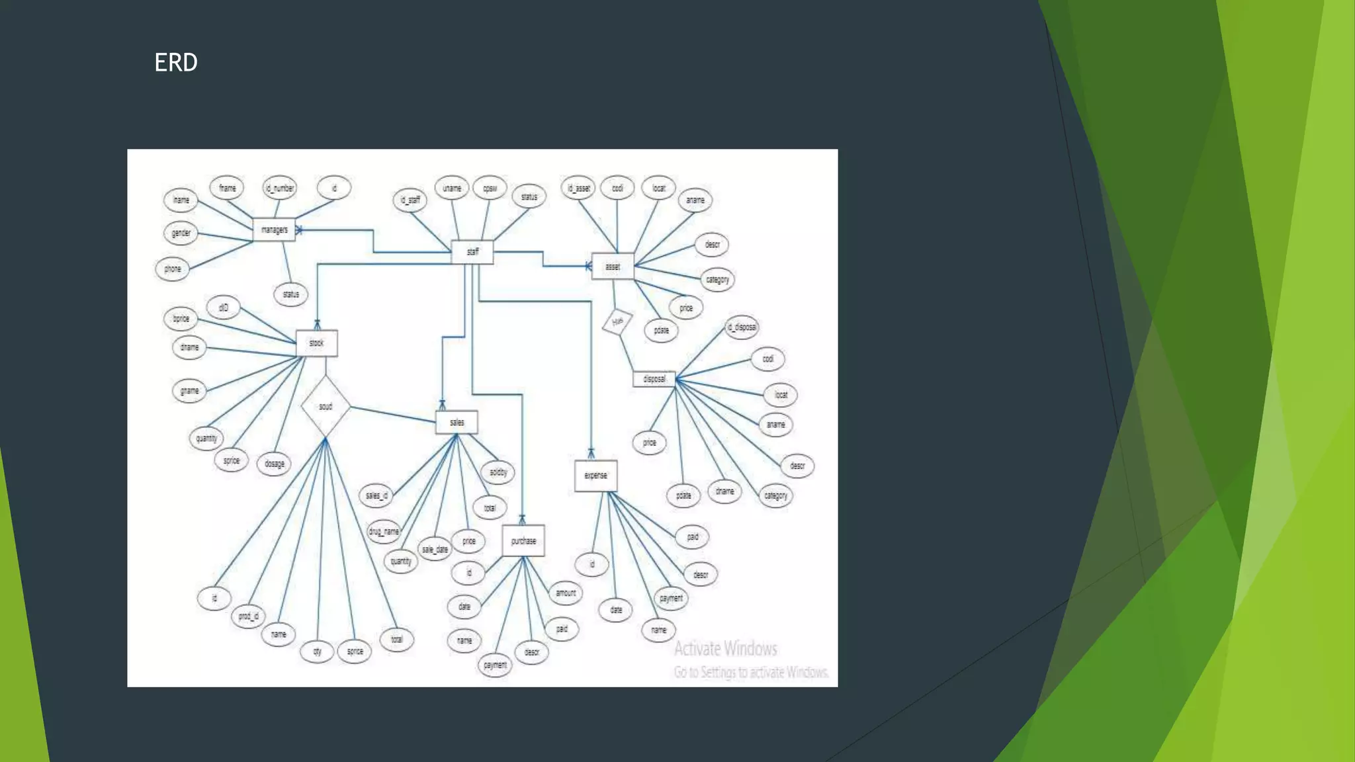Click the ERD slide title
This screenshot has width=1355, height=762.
click(x=176, y=62)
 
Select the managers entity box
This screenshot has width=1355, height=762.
click(x=274, y=230)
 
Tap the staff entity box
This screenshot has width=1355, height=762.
click(x=472, y=251)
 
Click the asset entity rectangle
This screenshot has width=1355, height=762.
click(x=613, y=267)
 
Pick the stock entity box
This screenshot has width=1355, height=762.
click(x=317, y=343)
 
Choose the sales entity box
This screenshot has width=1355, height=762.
click(x=457, y=422)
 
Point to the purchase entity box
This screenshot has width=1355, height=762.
click(x=523, y=540)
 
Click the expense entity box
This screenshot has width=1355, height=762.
click(x=595, y=475)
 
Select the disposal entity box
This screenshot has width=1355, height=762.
click(x=654, y=379)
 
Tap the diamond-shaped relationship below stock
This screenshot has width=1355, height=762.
click(x=326, y=406)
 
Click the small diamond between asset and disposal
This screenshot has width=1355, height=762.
click(x=617, y=321)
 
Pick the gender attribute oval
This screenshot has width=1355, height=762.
click(x=181, y=233)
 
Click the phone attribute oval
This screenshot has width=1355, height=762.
click(x=172, y=269)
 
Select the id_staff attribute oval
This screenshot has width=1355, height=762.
click(x=410, y=199)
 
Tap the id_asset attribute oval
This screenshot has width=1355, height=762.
click(x=578, y=188)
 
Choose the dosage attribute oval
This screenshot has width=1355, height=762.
click(x=275, y=464)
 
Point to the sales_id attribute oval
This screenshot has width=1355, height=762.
click(x=376, y=495)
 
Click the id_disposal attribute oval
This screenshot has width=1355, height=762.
click(x=741, y=327)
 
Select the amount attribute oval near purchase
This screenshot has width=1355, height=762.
click(x=566, y=593)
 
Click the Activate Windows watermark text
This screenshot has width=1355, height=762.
click(x=726, y=648)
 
